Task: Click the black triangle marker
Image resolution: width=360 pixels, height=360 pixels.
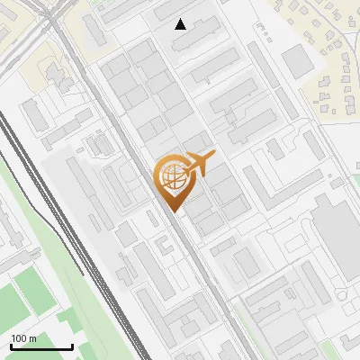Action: (x=181, y=24)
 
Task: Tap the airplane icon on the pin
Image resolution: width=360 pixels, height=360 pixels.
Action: (x=199, y=164)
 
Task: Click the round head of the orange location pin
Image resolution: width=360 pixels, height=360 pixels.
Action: (x=171, y=176)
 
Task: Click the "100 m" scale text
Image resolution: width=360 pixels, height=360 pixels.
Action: (x=24, y=338)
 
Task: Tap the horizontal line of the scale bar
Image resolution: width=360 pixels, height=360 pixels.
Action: (x=41, y=347)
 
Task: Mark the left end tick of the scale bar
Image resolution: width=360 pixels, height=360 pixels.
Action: (x=11, y=345)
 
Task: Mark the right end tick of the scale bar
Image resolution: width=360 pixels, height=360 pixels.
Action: (x=72, y=345)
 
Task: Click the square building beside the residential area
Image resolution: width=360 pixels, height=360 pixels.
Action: (x=295, y=61)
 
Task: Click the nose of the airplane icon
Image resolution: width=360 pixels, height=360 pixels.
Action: (x=215, y=156)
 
